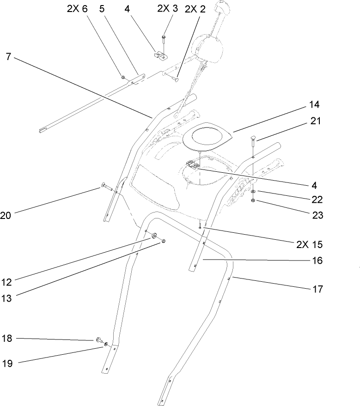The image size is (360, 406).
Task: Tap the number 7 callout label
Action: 9,57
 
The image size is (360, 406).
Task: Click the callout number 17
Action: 317,290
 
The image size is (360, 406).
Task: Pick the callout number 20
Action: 6,215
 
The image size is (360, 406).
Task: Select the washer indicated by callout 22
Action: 255,191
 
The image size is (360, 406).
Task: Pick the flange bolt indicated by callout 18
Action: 99,340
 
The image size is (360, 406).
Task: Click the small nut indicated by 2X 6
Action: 122,77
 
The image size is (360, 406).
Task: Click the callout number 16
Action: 317,261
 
